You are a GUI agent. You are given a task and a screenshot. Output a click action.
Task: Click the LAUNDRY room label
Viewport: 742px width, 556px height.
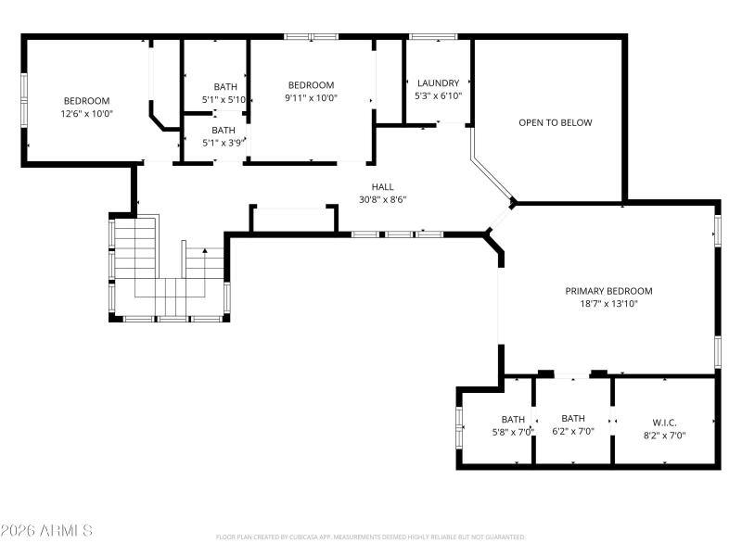click(x=438, y=82)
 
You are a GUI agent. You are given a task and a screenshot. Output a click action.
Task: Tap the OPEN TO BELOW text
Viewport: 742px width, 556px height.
click(x=555, y=122)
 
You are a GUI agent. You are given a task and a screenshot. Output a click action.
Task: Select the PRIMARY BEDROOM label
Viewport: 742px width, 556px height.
click(x=608, y=290)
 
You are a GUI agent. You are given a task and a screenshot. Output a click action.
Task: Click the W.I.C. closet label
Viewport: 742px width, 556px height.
click(x=665, y=422)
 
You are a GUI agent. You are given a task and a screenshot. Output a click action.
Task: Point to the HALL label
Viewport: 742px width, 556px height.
click(x=383, y=186)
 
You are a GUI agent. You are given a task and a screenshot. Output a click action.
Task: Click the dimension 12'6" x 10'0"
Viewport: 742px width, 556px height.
click(x=86, y=114)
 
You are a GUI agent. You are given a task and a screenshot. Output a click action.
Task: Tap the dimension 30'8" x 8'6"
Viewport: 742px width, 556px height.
click(x=383, y=199)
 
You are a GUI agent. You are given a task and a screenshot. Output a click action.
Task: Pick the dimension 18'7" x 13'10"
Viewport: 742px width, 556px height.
click(x=608, y=303)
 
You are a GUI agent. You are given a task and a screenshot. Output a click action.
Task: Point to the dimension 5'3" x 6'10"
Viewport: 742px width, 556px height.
click(x=438, y=95)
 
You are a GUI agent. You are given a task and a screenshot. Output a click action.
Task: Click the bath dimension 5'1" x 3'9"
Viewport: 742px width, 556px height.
click(x=224, y=143)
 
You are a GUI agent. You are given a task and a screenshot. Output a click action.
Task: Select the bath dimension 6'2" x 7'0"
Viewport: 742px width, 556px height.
click(x=573, y=431)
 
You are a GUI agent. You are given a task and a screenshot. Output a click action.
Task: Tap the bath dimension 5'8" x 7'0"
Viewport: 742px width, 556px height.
click(x=513, y=432)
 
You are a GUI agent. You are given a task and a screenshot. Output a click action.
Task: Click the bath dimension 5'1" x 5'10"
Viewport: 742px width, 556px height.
click(x=224, y=99)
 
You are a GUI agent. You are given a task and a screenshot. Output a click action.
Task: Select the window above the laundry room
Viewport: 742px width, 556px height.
click(x=433, y=37)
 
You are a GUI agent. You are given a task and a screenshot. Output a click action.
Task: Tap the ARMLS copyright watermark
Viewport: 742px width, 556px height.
click(x=46, y=531)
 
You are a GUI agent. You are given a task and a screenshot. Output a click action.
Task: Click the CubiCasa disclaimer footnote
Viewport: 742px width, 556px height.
click(x=371, y=537)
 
